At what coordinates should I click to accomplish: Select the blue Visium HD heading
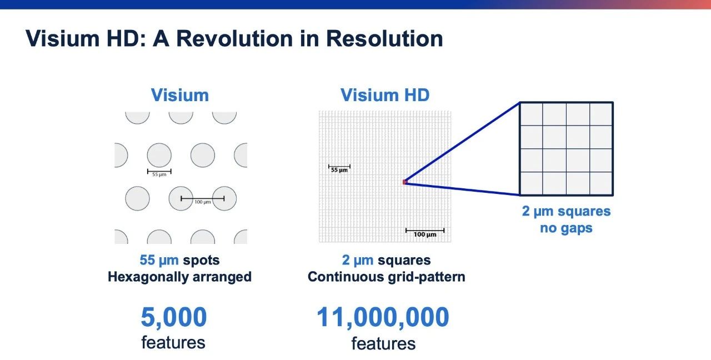point(385,95)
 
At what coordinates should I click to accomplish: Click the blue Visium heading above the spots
point(180,95)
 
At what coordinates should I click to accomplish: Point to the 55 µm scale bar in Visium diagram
point(159,171)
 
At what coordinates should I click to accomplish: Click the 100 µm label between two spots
point(202,202)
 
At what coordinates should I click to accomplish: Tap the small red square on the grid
point(405,182)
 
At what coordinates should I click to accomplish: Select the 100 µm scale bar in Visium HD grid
point(425,230)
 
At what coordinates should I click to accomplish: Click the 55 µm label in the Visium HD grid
point(339,170)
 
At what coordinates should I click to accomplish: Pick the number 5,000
point(174,317)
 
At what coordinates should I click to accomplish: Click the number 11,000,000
point(383,317)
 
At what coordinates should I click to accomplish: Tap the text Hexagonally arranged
point(179,277)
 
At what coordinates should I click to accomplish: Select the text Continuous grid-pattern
point(386,277)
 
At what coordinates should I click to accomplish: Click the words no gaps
point(566,228)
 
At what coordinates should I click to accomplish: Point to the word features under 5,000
point(173,342)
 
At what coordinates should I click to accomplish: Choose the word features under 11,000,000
point(383,343)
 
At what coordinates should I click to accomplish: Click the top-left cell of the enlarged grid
point(532,114)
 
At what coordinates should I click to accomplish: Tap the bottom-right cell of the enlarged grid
point(601,183)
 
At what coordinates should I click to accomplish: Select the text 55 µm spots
point(179,260)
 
